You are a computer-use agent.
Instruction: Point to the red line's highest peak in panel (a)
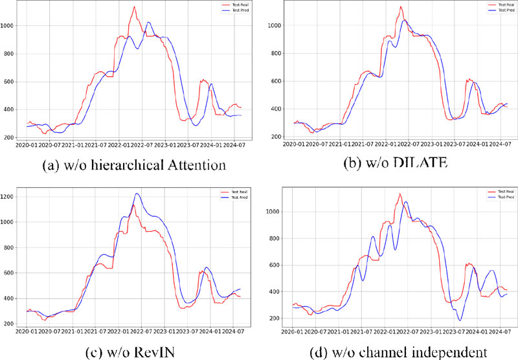click(x=134, y=7)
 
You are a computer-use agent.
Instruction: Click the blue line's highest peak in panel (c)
click(x=137, y=194)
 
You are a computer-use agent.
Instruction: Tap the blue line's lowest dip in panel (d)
click(x=460, y=320)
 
